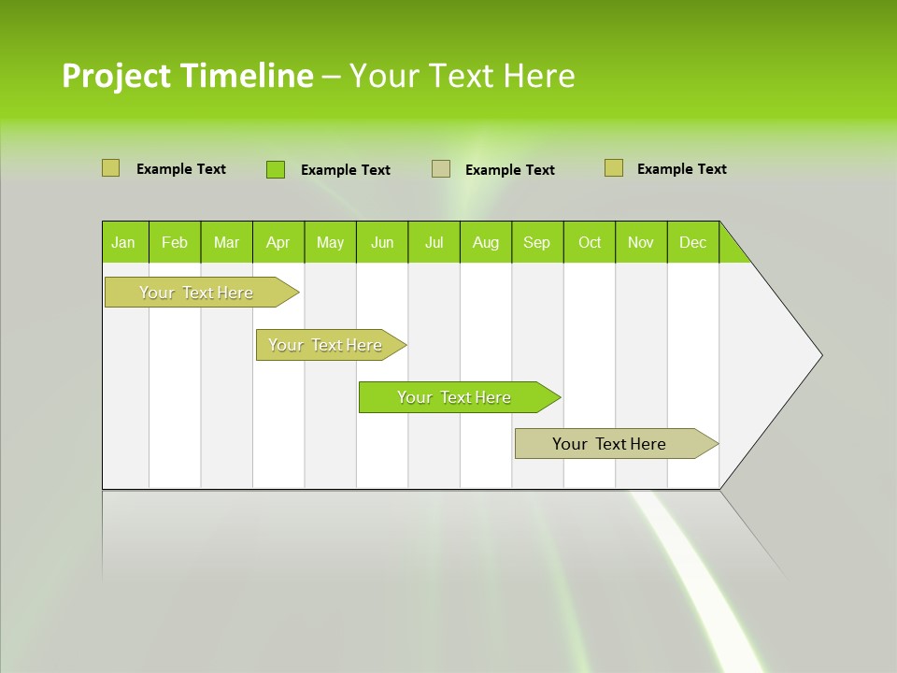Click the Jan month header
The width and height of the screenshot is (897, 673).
[x=123, y=242]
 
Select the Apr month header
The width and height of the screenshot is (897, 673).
[x=278, y=242]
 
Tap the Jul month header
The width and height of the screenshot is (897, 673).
[x=434, y=242]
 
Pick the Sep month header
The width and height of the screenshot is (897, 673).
[x=536, y=242]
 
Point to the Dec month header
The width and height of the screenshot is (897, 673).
[x=692, y=242]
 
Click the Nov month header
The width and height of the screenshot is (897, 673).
[x=640, y=242]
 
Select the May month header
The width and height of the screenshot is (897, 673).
[x=330, y=242]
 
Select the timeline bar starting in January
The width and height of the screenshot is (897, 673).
[x=197, y=293]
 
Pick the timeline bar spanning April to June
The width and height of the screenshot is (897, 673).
[x=326, y=345]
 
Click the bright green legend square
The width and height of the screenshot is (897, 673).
[x=276, y=169]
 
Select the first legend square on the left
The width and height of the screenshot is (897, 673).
[x=110, y=168]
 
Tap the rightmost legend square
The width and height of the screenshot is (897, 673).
[x=614, y=168]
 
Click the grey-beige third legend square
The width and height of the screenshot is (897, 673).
[x=441, y=169]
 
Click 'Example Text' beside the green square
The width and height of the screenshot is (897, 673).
[x=345, y=170]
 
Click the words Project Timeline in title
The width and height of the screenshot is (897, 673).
[x=187, y=76]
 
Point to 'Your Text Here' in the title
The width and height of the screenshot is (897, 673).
[x=462, y=76]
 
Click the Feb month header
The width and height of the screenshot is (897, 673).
[x=174, y=242]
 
